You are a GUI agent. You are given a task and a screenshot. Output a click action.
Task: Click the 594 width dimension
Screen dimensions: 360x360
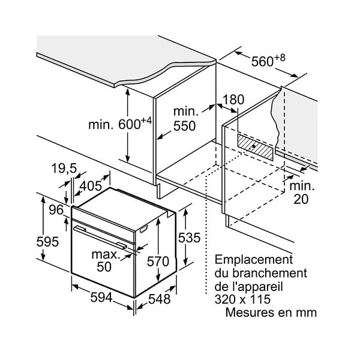[101, 298]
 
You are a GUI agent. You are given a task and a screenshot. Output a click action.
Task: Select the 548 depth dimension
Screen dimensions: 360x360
[160, 299]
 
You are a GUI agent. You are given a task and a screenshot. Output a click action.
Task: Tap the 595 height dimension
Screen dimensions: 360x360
[47, 242]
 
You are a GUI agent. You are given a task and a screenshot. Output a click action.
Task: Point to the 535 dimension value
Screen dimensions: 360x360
[189, 238]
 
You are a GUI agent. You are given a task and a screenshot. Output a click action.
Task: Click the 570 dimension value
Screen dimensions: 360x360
[158, 261]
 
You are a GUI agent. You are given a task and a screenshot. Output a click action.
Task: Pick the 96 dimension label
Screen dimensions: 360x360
[56, 210]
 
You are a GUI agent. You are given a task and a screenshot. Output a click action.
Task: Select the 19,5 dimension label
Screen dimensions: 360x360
[64, 169]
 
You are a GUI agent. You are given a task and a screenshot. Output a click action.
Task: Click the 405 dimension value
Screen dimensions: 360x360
[91, 186]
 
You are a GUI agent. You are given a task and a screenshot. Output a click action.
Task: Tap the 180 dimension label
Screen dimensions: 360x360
[233, 100]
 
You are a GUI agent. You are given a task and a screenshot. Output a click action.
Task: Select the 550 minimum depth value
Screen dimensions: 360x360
[185, 126]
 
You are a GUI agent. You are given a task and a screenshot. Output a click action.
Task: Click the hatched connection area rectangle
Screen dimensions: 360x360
[256, 147]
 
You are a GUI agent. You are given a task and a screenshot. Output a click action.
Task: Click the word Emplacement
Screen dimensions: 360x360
[254, 260]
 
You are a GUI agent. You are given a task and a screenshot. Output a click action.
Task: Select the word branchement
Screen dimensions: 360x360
[270, 273]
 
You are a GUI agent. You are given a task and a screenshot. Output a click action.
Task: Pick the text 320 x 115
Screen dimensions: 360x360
[242, 299]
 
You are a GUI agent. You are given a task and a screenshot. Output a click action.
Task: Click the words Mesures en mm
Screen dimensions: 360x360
[271, 313]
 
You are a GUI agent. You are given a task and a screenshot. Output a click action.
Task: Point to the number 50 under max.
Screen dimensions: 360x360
[104, 266]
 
